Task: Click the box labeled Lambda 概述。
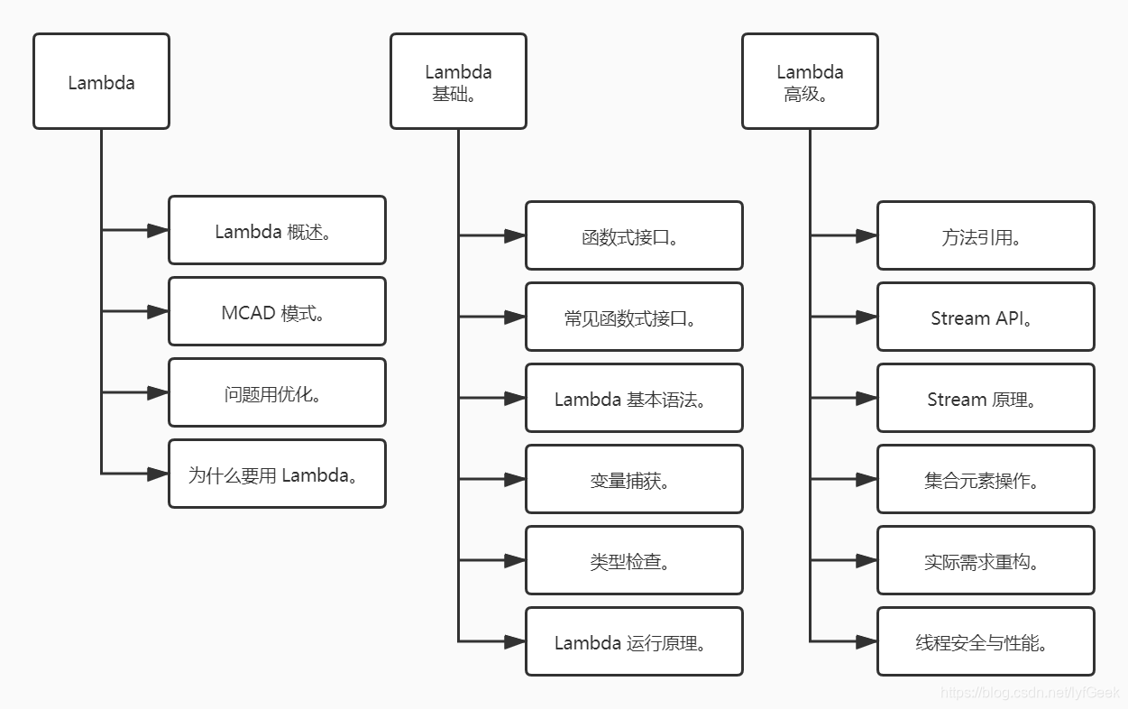coord(277,231)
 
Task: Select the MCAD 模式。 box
coord(277,312)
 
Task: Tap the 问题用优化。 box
coord(277,393)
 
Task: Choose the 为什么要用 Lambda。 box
coord(277,474)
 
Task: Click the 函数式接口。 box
coord(634,236)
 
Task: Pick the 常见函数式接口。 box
coord(634,318)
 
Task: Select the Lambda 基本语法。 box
coord(634,399)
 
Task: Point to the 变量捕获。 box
coord(634,480)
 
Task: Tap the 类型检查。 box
coord(634,561)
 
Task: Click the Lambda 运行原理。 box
coord(634,642)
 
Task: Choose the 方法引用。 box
coord(986,236)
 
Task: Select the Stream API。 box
coord(986,318)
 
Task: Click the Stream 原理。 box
coord(986,399)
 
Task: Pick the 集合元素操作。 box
coord(986,480)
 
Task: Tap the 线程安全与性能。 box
coord(986,642)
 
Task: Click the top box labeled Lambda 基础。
coord(458,82)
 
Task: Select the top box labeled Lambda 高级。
coord(810,82)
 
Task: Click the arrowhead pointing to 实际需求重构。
coord(867,561)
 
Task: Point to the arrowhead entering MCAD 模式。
coord(158,312)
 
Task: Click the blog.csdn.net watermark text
coord(1030,693)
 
